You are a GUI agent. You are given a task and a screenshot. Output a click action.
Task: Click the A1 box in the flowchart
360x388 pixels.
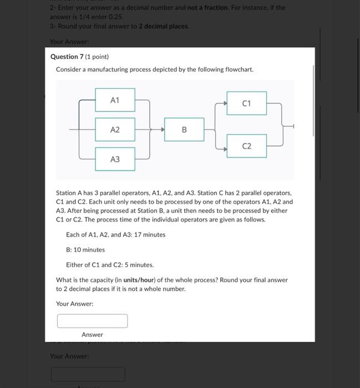click(115, 100)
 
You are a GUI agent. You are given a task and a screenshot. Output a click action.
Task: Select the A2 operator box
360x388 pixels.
click(115, 130)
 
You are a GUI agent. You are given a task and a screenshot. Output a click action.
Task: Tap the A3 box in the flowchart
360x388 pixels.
click(115, 159)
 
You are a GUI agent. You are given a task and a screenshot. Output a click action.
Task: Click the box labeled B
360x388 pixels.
click(184, 130)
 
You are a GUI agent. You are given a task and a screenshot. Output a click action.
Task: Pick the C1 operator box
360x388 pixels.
click(246, 104)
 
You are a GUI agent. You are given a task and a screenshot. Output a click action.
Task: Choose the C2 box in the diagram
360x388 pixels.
click(246, 146)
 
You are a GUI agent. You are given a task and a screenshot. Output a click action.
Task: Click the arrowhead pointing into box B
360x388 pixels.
click(163, 130)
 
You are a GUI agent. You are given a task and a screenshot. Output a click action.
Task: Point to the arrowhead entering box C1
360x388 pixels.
click(225, 104)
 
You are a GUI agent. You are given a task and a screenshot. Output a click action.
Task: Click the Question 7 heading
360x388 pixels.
click(69, 57)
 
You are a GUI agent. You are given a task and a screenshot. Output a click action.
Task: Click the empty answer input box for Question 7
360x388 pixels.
click(92, 321)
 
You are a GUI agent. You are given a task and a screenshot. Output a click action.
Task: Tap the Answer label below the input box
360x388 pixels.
click(92, 335)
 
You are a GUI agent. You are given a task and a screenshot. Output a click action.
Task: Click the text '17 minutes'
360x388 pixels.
click(149, 234)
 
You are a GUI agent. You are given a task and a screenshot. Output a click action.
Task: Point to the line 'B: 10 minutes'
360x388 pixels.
click(85, 250)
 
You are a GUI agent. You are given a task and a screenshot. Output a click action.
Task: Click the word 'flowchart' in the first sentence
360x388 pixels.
click(239, 70)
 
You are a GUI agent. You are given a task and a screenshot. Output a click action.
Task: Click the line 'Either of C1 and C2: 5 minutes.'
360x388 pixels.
click(110, 265)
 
